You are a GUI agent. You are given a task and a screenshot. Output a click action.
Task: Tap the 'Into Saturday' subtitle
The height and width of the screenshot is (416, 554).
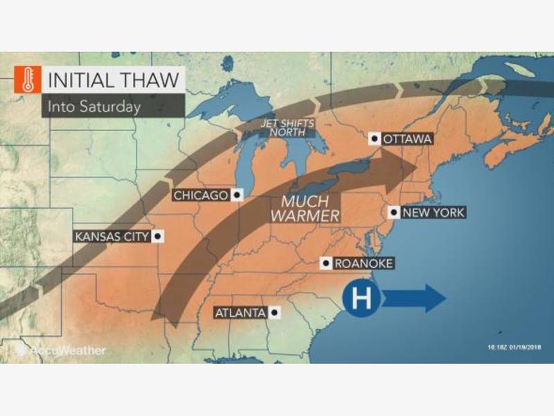pos(93,106)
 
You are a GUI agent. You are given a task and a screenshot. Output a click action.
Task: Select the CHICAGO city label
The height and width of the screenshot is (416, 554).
pos(200,196)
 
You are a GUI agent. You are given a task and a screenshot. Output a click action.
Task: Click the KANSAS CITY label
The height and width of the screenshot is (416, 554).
pos(111,237)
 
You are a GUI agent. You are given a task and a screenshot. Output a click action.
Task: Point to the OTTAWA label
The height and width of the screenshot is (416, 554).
pos(407,139)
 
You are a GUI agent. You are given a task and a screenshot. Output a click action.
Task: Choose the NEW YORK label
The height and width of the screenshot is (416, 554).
pos(433,213)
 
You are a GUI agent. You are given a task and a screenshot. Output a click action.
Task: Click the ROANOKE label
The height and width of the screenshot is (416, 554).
pos(364,263)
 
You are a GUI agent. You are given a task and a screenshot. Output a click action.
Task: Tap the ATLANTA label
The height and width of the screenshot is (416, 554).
pos(240,313)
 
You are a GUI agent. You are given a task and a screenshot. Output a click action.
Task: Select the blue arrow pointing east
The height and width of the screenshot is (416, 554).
pos(414,299)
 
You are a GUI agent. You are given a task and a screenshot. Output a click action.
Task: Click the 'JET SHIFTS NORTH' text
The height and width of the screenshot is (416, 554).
pos(287,128)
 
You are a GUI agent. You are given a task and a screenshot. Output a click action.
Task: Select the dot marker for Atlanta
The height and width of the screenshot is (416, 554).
pos(275,313)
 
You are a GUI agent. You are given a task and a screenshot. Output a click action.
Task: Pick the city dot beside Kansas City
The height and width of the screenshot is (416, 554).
pos(158,237)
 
